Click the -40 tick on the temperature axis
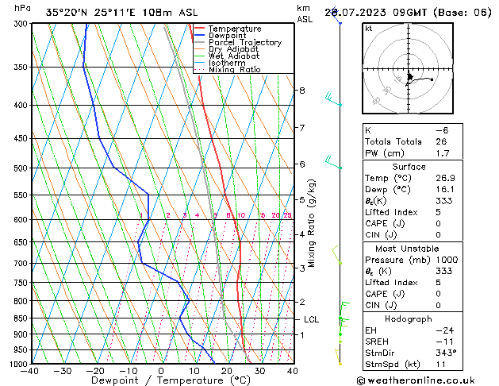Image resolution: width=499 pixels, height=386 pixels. pos(31,371)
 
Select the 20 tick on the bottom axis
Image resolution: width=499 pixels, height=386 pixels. pos(227,371)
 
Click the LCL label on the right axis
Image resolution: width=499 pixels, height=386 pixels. pos(312,319)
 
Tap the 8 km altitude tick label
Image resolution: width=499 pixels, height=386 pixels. pos(301,91)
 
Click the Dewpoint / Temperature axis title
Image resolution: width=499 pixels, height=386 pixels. pos(160,380)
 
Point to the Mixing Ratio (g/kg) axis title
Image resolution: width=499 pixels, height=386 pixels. pos(311,223)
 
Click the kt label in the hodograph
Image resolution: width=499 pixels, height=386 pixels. pos(368,29)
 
